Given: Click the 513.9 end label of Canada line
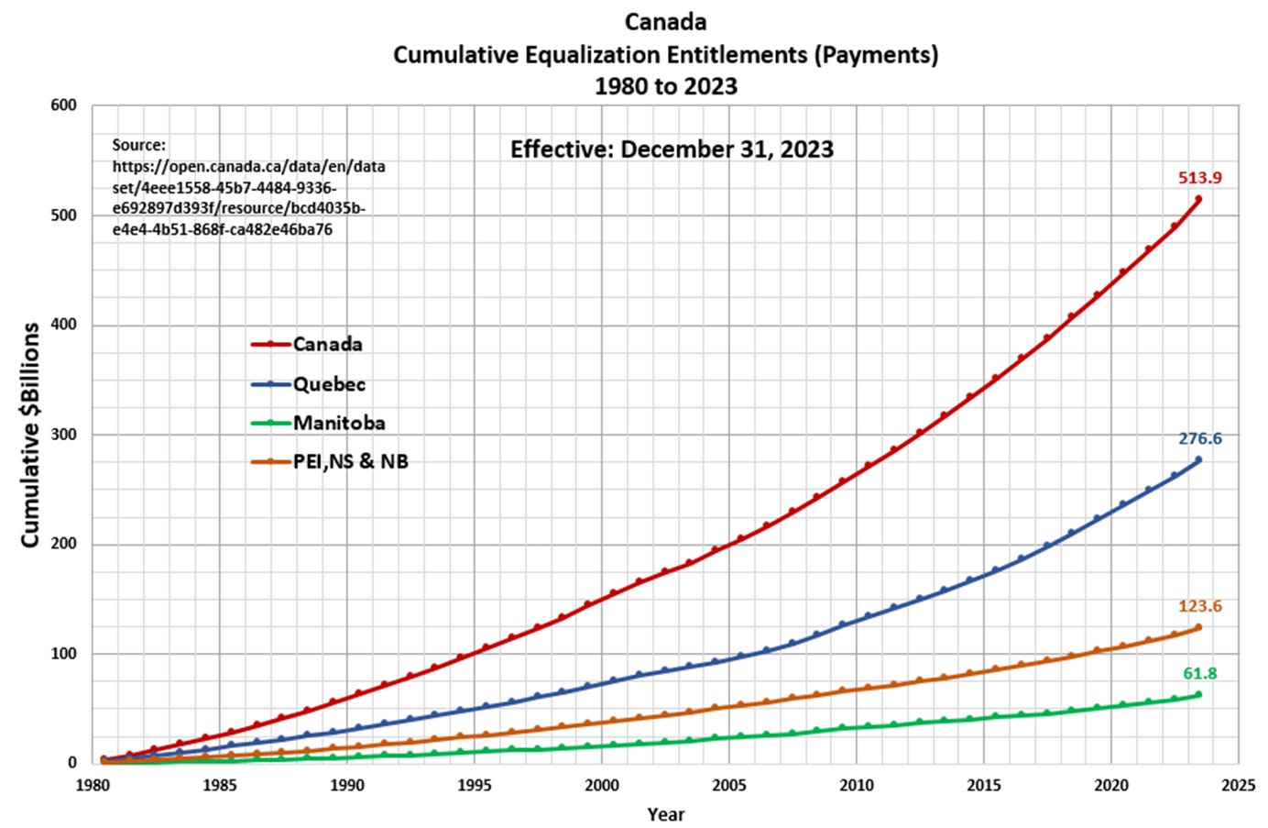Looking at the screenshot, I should tap(1199, 178).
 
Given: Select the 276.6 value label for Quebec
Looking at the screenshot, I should tap(1199, 438).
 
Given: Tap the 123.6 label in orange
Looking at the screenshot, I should tap(1199, 606).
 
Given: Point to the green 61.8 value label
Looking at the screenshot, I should tap(1199, 673).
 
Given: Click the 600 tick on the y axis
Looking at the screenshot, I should tap(63, 105).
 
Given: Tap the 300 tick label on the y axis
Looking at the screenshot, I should tap(63, 434).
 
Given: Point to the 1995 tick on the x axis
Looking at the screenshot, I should tap(474, 785).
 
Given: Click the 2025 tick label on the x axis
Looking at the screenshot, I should tap(1239, 785).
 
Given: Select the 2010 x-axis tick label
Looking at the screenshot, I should tap(856, 785).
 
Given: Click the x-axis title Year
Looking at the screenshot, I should tap(665, 814).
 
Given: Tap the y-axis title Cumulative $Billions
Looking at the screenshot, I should tap(30, 435).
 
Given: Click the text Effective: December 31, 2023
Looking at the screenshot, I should tap(672, 149).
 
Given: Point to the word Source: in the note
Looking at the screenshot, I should tap(139, 145).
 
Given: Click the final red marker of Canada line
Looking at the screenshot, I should tap(1198, 199).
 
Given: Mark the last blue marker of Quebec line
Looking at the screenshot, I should tap(1198, 459).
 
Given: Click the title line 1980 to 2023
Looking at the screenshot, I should tap(665, 86).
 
